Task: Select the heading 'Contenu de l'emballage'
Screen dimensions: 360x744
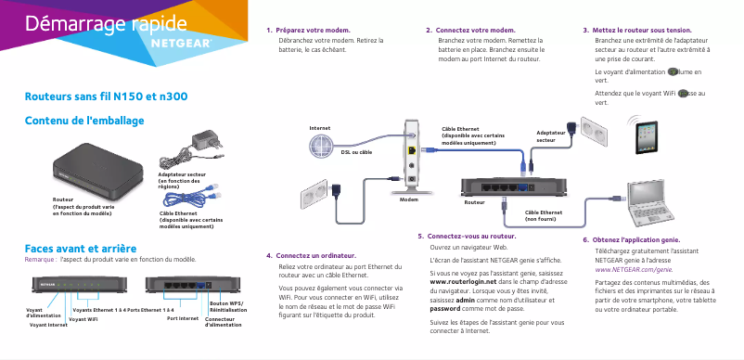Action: pyautogui.click(x=83, y=120)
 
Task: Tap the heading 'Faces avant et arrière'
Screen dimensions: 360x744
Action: pyautogui.click(x=81, y=249)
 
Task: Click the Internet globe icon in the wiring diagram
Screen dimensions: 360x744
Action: pyautogui.click(x=321, y=142)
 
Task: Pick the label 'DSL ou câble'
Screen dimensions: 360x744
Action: pyautogui.click(x=355, y=151)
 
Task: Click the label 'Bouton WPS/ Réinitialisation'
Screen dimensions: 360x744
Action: pyautogui.click(x=226, y=306)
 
